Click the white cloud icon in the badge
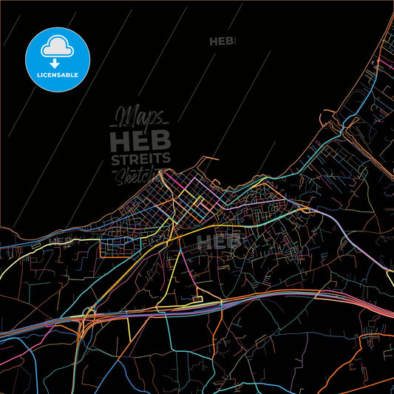[57, 46]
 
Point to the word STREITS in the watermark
[140, 160]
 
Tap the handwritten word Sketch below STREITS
[135, 175]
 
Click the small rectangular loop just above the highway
[196, 299]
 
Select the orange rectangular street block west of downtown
[119, 244]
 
